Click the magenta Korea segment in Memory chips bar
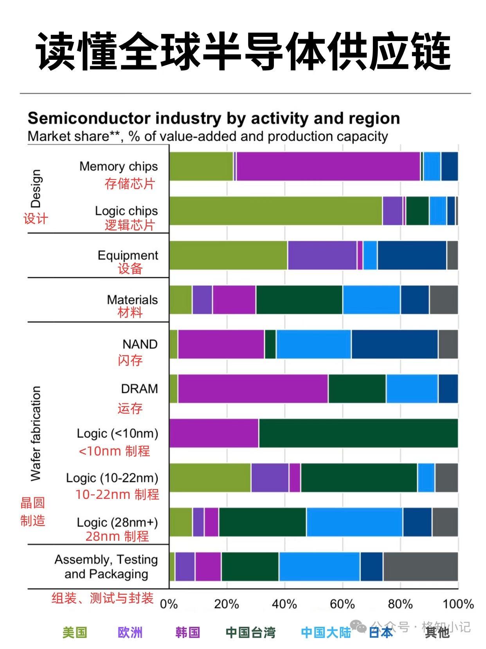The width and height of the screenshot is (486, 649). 328,166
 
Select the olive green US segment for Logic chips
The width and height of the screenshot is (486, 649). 276,211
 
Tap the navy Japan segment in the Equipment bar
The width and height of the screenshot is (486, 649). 412,255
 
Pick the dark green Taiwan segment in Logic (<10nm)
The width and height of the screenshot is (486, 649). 358,433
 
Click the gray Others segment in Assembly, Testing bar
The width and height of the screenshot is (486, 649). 421,567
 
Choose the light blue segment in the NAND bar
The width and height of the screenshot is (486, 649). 314,344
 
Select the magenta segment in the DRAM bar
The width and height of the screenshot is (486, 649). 253,389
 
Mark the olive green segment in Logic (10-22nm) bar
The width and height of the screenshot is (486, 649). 210,477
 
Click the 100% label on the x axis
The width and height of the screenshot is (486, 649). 458,604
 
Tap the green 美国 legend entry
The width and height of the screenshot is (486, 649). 75,633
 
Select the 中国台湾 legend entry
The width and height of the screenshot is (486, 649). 250,633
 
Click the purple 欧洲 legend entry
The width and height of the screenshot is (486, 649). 130,633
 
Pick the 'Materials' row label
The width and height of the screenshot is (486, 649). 132,300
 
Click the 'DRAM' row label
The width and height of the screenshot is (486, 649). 139,389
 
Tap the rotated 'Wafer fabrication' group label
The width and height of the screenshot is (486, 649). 36,434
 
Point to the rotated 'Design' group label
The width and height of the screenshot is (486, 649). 36,188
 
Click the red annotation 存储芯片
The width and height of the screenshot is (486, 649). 130,184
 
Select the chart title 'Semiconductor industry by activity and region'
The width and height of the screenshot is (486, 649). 214,118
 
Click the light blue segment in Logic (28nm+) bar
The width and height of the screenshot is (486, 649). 355,522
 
